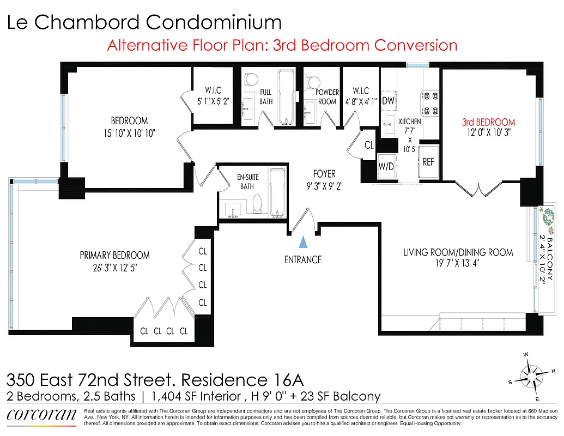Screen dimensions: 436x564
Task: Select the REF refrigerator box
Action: (428, 161)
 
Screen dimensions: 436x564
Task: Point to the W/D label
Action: (387, 166)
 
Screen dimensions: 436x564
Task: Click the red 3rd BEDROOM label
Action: (488, 122)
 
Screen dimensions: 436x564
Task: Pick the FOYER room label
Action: (324, 174)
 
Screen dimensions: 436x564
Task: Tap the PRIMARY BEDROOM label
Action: (114, 255)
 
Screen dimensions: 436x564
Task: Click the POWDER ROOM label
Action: (328, 97)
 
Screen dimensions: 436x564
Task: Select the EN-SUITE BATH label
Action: (248, 182)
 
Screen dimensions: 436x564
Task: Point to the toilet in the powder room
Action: (313, 83)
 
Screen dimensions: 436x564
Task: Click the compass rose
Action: (531, 375)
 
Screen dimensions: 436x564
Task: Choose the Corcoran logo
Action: (41, 416)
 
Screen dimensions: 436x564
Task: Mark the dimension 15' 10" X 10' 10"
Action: (129, 132)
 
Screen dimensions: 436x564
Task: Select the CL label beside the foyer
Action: (369, 146)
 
